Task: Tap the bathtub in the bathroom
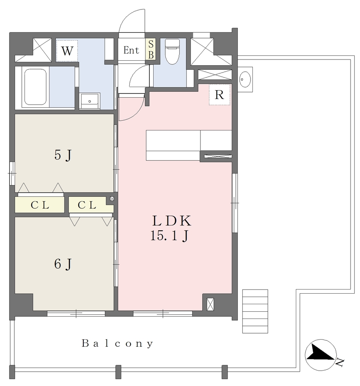click(x=35, y=87)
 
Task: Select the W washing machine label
click(x=67, y=51)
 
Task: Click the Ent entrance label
click(x=131, y=51)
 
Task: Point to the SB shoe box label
click(x=151, y=49)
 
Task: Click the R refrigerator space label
click(x=219, y=95)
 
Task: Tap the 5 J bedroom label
click(x=63, y=155)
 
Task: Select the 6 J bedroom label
click(x=63, y=264)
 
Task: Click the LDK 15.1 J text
click(x=171, y=228)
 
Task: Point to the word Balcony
click(x=117, y=343)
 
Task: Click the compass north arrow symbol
click(x=321, y=355)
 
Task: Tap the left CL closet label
click(x=40, y=205)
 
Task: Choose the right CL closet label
click(x=87, y=205)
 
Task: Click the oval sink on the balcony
click(x=245, y=79)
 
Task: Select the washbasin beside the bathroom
click(x=90, y=101)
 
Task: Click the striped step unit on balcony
click(x=255, y=311)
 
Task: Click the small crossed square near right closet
click(x=112, y=199)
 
